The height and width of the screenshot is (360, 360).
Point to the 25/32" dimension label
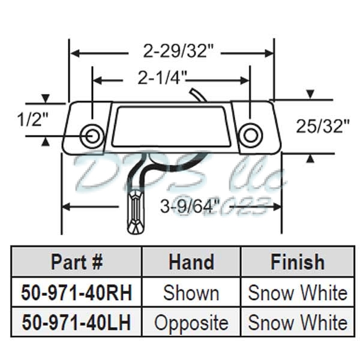323,126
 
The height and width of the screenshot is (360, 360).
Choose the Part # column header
77,262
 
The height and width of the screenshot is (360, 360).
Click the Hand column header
191,262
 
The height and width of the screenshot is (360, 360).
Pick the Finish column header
297,262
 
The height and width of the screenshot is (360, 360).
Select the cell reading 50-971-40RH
77,293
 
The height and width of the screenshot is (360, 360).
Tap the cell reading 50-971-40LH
77,322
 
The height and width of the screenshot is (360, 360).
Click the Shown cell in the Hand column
191,293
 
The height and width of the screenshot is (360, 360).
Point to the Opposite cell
191,323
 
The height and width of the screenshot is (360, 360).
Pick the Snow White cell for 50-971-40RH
297,293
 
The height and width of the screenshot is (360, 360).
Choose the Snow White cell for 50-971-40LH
297,323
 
